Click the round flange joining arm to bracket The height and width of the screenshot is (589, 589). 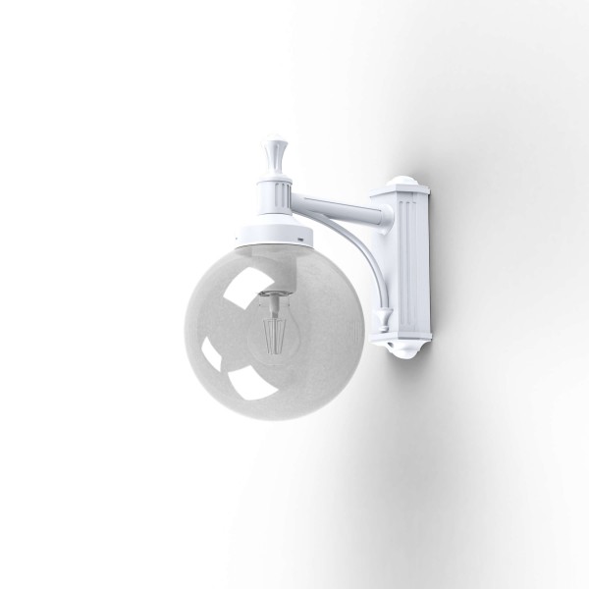pyautogui.click(x=373, y=209)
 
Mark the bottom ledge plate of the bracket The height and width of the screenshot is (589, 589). pyautogui.click(x=404, y=333)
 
